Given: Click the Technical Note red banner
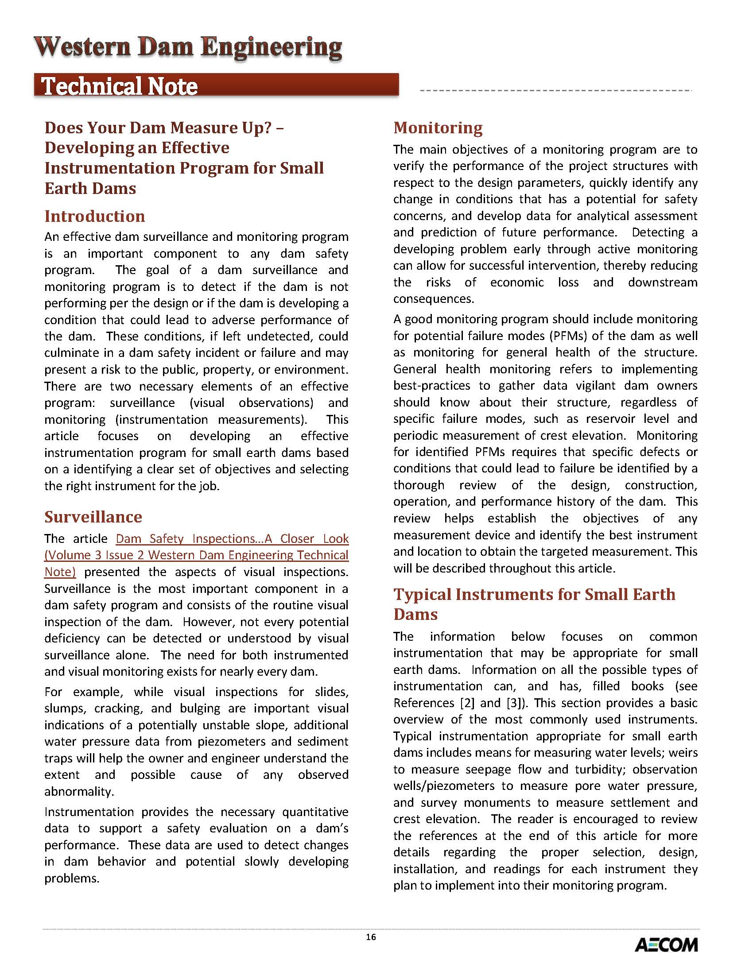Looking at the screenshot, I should tap(216, 85).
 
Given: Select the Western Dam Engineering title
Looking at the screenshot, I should tap(188, 47).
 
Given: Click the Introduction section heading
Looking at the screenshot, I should tap(95, 217).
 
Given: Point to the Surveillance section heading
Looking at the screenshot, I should tap(93, 517).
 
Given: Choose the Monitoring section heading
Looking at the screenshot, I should tap(438, 128).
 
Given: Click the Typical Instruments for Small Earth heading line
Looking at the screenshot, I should tap(534, 594).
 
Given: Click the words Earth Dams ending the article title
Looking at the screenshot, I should tap(90, 188).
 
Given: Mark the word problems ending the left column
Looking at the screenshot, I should tap(72, 878).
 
